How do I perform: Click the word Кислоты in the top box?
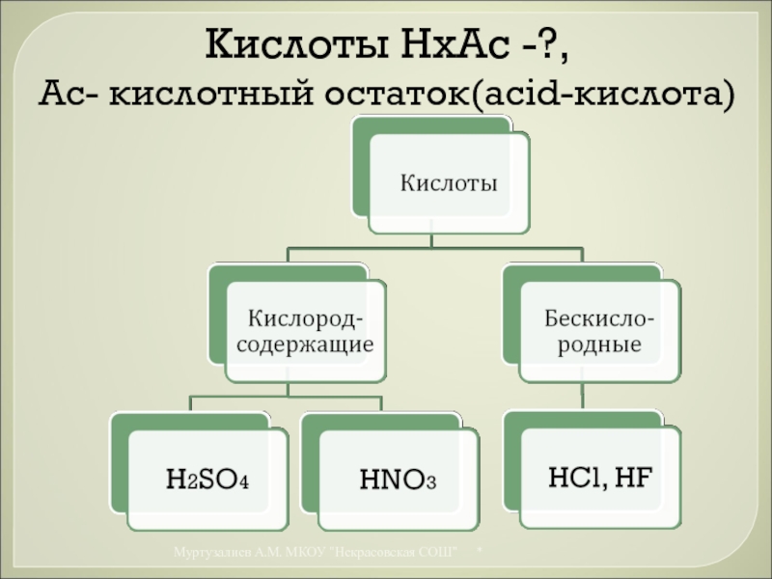click(449, 181)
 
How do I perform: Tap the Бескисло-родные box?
click(597, 330)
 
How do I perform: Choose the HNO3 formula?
click(396, 478)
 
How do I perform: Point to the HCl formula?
click(573, 475)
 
